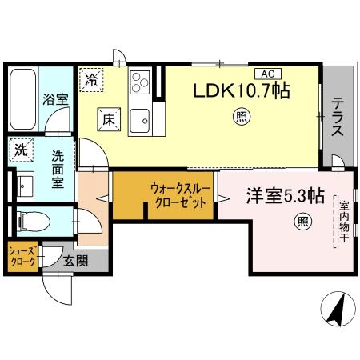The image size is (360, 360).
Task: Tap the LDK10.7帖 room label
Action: (239, 92)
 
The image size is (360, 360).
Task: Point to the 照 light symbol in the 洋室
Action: (302, 221)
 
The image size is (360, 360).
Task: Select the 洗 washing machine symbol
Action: (18, 149)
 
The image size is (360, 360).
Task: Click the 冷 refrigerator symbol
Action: (93, 79)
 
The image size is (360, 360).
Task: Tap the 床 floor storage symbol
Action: (109, 118)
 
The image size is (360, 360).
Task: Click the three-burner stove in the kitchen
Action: (140, 82)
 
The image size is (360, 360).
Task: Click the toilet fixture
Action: (36, 219)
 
